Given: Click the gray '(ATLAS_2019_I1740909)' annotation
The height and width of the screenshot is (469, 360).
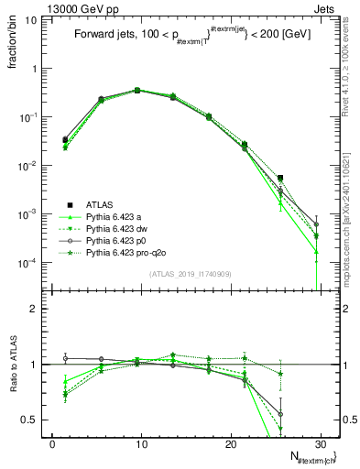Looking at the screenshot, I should [x=183, y=274].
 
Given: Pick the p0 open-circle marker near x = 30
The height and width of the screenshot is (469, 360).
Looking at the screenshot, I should [x=316, y=224].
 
